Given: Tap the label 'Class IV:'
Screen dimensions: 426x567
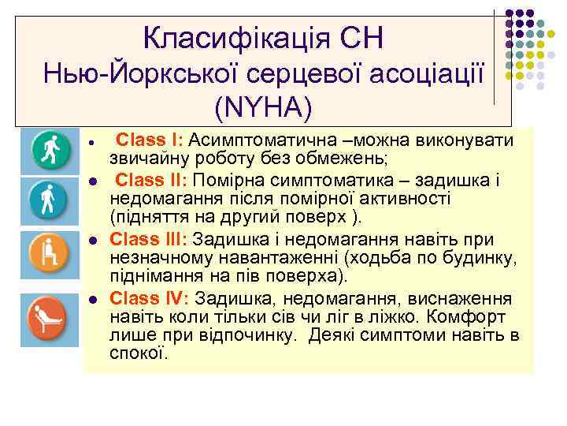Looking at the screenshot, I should (150, 298).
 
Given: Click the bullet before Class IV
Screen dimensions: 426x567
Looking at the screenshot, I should (92, 300).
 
